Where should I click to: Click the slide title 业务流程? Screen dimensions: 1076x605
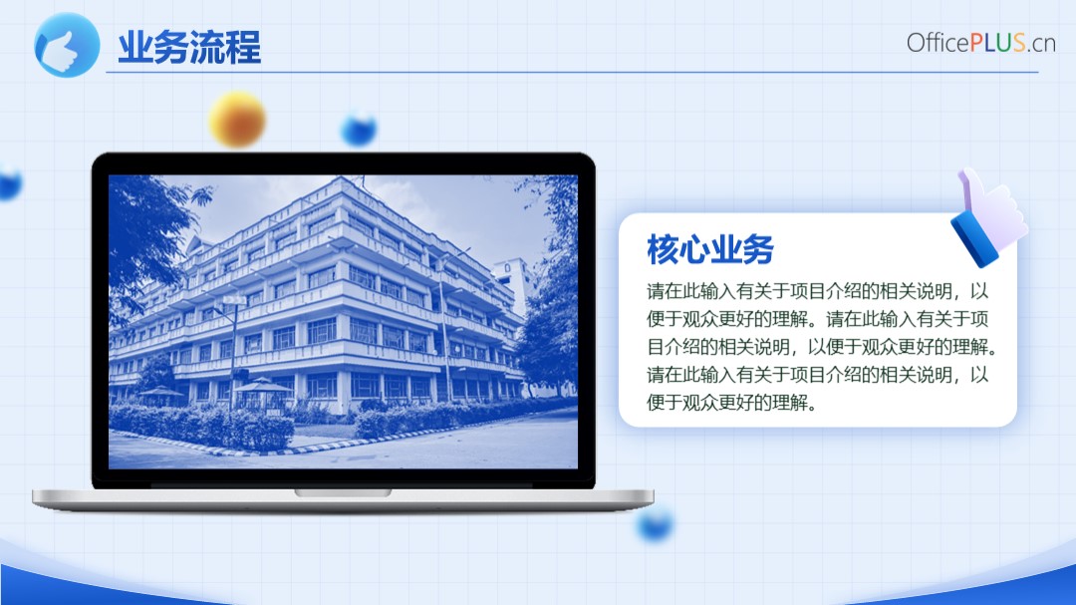(x=189, y=48)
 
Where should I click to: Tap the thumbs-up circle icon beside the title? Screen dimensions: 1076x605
(x=67, y=45)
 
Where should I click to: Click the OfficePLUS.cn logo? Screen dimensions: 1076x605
(x=980, y=43)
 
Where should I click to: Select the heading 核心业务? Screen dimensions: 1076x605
(x=710, y=248)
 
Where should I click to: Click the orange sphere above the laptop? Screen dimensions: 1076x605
(x=237, y=120)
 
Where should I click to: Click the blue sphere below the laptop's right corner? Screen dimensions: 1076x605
(x=655, y=525)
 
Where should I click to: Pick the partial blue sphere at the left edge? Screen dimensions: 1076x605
(x=10, y=183)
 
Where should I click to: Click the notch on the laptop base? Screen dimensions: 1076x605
(x=343, y=492)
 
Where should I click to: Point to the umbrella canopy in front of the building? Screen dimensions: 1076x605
(x=263, y=386)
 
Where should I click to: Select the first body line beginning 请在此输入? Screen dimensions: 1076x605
(x=817, y=291)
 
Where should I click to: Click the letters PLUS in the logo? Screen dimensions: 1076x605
(x=997, y=43)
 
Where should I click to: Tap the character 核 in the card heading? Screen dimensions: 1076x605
(x=663, y=248)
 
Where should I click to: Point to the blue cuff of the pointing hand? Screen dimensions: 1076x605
(x=973, y=238)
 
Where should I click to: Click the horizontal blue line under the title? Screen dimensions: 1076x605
(x=572, y=72)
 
